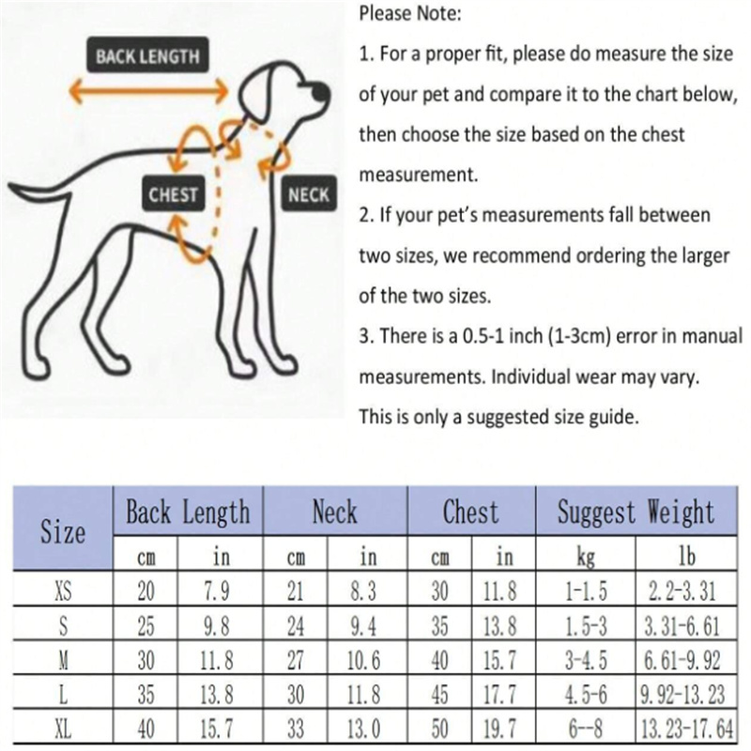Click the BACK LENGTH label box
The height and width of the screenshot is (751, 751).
[147, 55]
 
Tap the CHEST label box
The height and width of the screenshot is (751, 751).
[173, 194]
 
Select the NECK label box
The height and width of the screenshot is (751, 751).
[309, 194]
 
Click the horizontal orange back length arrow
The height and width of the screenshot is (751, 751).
[148, 90]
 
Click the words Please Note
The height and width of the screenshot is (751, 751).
[410, 13]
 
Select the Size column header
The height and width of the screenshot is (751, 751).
[63, 531]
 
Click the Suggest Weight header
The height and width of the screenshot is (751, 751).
[636, 512]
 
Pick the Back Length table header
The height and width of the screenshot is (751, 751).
[188, 512]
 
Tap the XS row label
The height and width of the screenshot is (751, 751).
[63, 590]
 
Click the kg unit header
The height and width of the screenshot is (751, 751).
[586, 557]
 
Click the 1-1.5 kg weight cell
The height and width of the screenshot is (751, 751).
[586, 590]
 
